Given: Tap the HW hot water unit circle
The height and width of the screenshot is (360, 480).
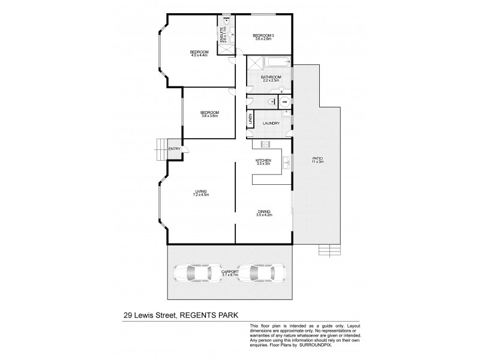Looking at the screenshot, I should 286,102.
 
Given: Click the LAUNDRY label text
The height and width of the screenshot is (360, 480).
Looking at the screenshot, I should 272,124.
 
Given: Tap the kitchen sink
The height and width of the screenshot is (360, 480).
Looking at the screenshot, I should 287,161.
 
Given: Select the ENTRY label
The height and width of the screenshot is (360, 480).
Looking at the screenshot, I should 174,149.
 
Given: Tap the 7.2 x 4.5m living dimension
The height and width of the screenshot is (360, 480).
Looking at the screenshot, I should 200,195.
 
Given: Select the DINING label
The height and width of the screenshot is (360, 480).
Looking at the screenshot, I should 264,211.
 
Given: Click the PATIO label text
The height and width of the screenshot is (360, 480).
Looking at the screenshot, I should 317,158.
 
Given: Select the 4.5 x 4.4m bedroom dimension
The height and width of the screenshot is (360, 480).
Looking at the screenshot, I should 199,56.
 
